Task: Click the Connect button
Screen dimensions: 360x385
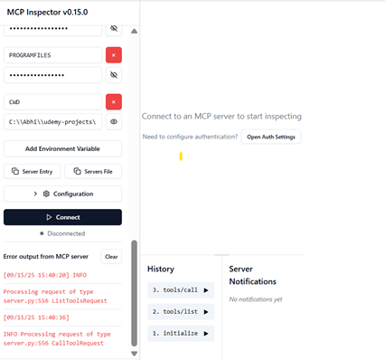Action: click(62, 217)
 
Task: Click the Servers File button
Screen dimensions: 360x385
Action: click(93, 171)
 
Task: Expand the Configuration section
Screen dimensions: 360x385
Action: click(62, 194)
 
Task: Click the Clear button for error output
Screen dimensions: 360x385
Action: click(110, 257)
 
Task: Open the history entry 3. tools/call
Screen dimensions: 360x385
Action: click(181, 290)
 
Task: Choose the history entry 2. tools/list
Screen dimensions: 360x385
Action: click(181, 312)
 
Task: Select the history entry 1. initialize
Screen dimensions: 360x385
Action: click(181, 334)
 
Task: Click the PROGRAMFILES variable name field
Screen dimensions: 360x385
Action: click(52, 55)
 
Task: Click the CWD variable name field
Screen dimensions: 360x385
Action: click(52, 102)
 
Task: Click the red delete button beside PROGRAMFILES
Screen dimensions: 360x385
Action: click(114, 55)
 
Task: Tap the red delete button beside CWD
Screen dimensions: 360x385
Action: click(114, 102)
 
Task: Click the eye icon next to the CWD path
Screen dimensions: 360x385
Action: click(114, 122)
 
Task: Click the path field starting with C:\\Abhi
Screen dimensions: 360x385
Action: click(52, 122)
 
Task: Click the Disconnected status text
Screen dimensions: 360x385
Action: click(65, 232)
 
